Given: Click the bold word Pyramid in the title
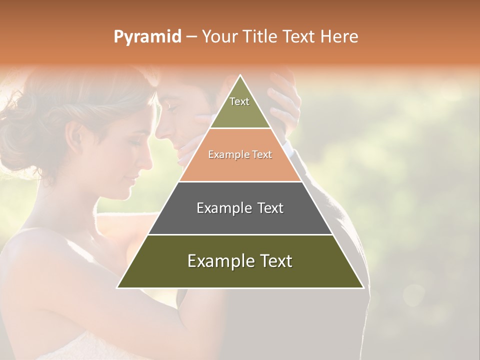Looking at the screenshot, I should [147, 36].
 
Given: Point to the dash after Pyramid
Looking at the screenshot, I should [191, 37].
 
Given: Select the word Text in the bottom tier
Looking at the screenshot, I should [274, 261].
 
